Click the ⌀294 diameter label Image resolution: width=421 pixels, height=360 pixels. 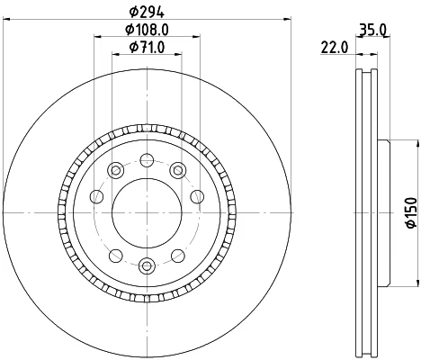click(x=147, y=12)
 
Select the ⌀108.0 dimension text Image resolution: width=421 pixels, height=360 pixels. click(x=147, y=30)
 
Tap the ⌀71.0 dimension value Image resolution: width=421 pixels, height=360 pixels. click(x=147, y=47)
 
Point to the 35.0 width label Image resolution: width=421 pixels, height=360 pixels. click(x=372, y=30)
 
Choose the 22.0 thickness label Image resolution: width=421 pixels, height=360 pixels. click(x=335, y=48)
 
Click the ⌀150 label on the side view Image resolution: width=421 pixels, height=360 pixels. click(x=411, y=212)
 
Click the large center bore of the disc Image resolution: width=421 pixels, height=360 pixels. click(x=147, y=212)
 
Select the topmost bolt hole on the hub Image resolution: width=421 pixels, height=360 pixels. click(x=147, y=160)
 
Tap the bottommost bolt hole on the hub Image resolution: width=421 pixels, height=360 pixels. click(x=147, y=265)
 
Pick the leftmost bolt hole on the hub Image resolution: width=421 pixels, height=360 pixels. click(x=97, y=196)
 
